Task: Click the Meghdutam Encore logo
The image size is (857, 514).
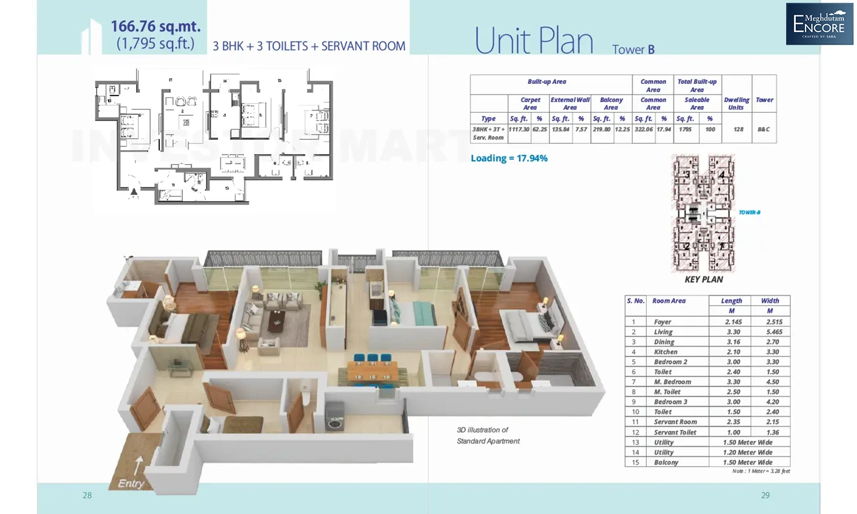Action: pos(819,24)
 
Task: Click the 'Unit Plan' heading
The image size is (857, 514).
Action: pos(534,41)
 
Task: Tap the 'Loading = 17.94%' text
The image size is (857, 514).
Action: pos(508,158)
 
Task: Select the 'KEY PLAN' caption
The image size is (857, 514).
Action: pos(703,279)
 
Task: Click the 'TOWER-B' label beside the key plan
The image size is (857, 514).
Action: pos(749,212)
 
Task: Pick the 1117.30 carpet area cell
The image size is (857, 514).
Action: pos(519,130)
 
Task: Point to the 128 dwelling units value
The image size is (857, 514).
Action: pos(738,130)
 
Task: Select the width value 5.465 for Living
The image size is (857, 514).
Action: pos(774,332)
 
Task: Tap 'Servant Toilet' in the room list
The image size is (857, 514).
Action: pos(675,432)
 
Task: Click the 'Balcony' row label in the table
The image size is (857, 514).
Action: pos(666,463)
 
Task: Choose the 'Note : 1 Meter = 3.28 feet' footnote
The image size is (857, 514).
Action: pos(760,471)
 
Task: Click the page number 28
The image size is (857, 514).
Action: pos(87,495)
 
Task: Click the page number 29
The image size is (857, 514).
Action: pos(765,495)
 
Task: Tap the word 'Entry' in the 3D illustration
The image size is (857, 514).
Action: pos(131,483)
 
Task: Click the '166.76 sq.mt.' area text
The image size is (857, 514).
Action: pos(155,26)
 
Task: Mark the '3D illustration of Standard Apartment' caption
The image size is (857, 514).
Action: pos(488,435)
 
